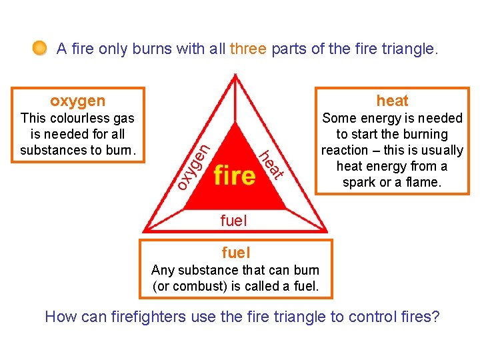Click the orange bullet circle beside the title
40,48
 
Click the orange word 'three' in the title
248,49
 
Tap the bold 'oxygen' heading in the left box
78,101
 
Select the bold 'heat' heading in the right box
392,101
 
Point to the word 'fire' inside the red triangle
235,175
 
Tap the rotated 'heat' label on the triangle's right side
272,163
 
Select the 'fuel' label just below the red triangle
234,220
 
